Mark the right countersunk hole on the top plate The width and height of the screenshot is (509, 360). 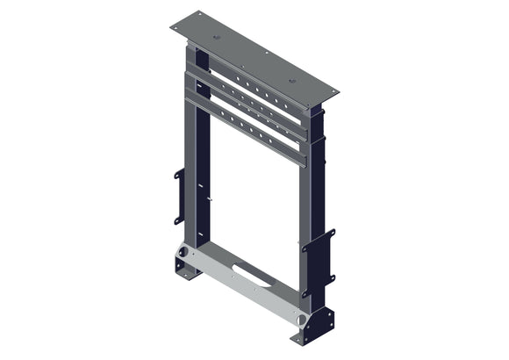point(292,82)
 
